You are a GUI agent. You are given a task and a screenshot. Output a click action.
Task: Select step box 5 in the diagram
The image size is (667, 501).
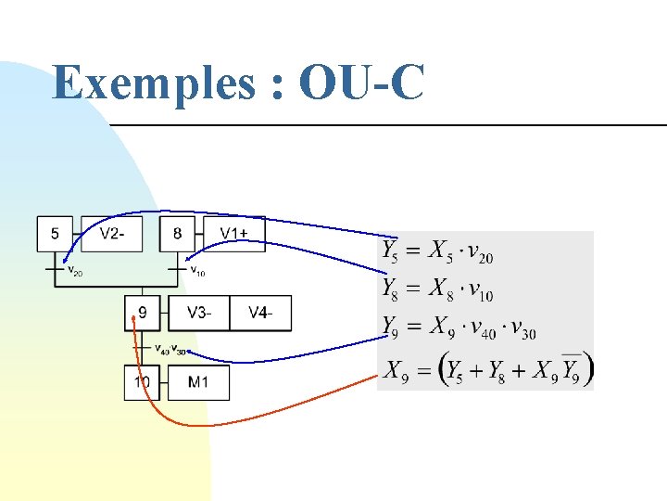coord(55,234)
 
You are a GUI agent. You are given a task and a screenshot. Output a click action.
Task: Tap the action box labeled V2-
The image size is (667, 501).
coord(112,234)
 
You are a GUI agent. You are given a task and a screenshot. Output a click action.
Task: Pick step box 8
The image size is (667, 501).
coord(177,234)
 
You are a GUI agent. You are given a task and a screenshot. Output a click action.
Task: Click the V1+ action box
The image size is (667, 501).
coord(234,234)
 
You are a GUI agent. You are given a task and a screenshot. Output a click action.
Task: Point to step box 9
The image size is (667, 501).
coord(142,313)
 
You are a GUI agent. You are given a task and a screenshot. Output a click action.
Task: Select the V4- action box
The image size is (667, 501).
coord(260,313)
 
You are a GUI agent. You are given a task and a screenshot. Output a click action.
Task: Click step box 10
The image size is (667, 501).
coord(142,382)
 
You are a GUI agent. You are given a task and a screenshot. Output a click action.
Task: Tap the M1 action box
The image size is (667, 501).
coord(198,382)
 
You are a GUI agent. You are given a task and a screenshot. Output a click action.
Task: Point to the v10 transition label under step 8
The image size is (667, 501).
coord(197,272)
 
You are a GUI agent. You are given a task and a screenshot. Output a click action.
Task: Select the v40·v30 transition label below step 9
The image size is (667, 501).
coord(171,350)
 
